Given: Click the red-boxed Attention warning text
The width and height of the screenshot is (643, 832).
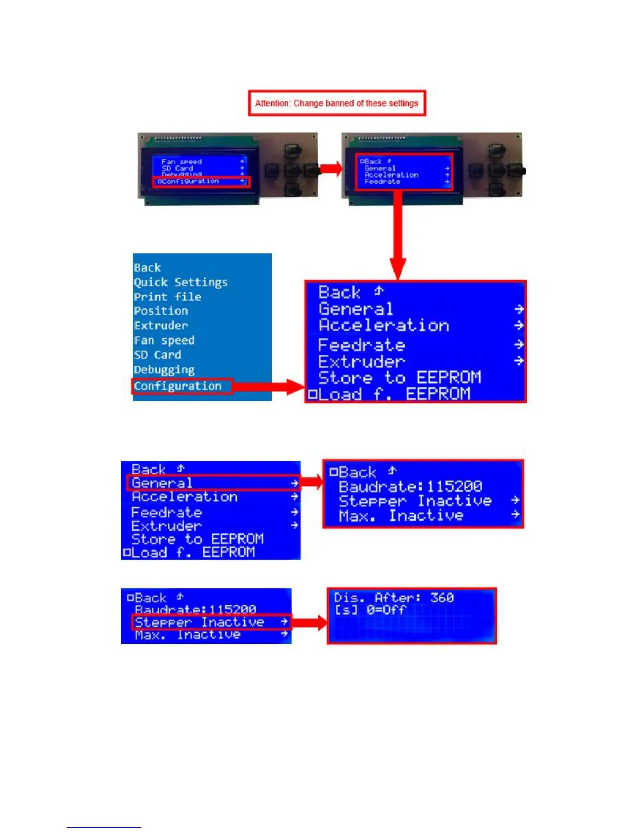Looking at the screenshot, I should (337, 103).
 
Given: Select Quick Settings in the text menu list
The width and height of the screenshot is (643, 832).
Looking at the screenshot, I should (181, 282).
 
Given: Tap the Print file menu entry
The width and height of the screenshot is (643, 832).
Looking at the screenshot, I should (168, 297).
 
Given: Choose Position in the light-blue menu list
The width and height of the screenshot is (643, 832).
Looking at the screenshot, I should (161, 311).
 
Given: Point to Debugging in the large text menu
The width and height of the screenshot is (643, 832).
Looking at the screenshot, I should (164, 370).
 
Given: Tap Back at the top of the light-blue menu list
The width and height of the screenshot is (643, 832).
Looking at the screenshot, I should (147, 267).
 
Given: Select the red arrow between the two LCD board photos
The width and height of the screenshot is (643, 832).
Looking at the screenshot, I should (331, 169).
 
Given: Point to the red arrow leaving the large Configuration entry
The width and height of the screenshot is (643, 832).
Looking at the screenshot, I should (269, 388).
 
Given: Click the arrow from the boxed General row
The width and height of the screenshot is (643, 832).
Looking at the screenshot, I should (312, 482).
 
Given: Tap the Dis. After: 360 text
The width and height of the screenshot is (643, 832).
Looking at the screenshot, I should (394, 598).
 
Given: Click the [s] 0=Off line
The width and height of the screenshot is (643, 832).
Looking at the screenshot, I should (370, 610).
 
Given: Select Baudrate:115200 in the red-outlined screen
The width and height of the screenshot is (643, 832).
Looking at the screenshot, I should (410, 486).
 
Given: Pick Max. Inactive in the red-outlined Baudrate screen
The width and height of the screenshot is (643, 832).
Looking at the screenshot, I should (401, 516).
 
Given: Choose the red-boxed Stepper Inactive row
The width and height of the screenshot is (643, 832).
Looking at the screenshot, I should (210, 622).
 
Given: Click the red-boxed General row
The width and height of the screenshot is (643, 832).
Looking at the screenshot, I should (213, 483).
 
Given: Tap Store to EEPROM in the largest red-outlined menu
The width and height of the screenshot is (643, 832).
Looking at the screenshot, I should (399, 378).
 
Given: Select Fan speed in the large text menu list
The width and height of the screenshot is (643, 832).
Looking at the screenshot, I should (164, 340).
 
